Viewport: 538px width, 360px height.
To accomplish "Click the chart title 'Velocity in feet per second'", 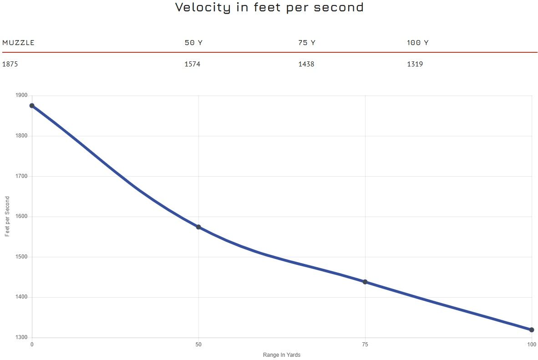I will click(x=269, y=7).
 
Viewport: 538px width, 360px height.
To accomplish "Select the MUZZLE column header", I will click(x=18, y=43).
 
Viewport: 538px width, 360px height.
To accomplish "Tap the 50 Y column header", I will click(x=193, y=43).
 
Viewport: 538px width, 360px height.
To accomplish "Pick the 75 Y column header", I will click(x=307, y=43).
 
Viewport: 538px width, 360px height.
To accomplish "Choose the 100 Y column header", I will click(x=417, y=43).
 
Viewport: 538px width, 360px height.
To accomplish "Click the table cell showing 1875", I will click(x=10, y=64).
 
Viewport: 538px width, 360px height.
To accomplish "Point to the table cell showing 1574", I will click(x=192, y=64).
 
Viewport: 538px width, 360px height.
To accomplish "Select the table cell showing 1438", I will click(x=306, y=64).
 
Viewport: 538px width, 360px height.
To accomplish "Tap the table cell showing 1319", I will click(x=415, y=64).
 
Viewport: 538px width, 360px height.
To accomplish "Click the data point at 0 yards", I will click(x=32, y=106).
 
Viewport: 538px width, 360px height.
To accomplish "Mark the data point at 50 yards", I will click(x=198, y=227).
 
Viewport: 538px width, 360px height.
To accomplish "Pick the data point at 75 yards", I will click(x=365, y=282).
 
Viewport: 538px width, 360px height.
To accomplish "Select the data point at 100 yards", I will click(x=532, y=330).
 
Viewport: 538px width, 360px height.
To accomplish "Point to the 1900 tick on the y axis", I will click(x=22, y=96).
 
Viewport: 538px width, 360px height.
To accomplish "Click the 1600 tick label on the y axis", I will click(x=22, y=217).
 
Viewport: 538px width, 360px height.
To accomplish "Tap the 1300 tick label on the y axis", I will click(x=22, y=338).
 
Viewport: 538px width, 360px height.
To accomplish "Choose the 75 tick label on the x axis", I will click(x=365, y=345).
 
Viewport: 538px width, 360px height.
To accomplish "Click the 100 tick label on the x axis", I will click(x=531, y=345).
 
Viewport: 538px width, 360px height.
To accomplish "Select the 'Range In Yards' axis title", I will click(x=282, y=355).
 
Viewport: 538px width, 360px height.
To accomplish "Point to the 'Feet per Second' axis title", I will click(x=7, y=216).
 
